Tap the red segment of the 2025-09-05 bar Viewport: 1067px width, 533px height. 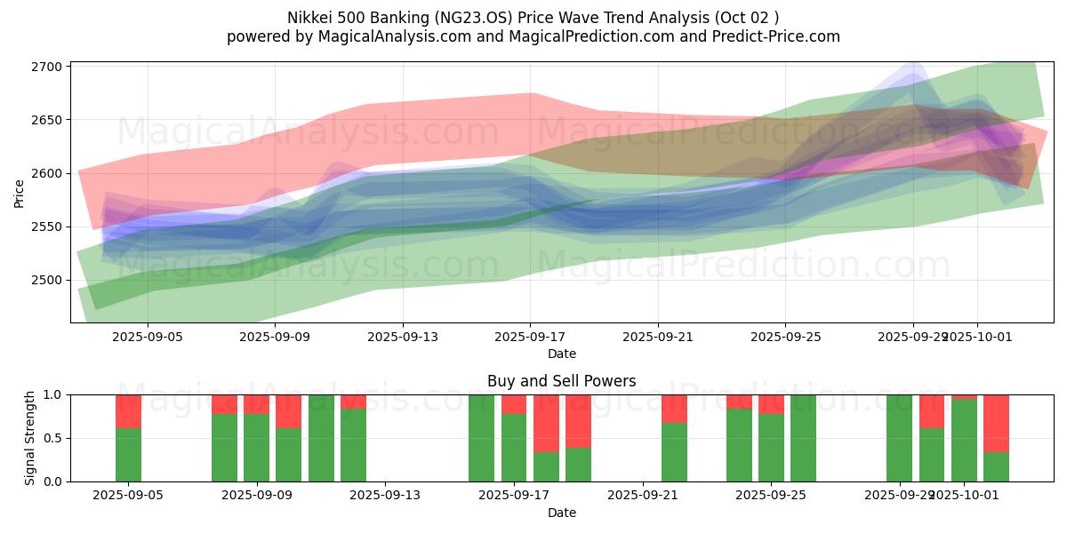pyautogui.click(x=129, y=411)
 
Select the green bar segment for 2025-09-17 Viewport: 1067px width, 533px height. pyautogui.click(x=514, y=448)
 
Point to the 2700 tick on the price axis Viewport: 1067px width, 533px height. pyautogui.click(x=46, y=67)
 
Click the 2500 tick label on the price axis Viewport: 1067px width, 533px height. pyautogui.click(x=46, y=280)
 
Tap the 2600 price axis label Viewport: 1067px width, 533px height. pyautogui.click(x=46, y=173)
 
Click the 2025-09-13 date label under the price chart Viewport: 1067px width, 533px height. pyautogui.click(x=402, y=337)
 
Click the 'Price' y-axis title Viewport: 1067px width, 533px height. pyautogui.click(x=20, y=192)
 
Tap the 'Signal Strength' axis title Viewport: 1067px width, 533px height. pyautogui.click(x=29, y=438)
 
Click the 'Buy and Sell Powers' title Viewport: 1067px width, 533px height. pyautogui.click(x=561, y=381)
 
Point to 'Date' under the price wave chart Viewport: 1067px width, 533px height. pyautogui.click(x=561, y=354)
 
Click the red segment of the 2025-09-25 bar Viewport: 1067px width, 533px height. pyautogui.click(x=771, y=404)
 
